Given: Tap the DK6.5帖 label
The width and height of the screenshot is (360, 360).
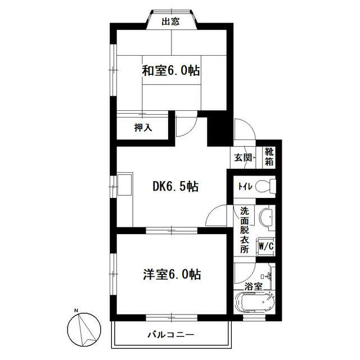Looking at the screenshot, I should point(175,187).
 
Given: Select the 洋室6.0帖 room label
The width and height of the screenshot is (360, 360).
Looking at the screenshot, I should point(172,275).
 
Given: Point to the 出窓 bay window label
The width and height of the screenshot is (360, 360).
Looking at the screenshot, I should point(170,22).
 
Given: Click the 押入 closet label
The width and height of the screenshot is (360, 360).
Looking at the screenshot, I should point(143,128).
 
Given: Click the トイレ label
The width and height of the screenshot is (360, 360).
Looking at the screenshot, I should point(244,186).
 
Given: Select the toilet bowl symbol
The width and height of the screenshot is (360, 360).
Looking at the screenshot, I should point(265,186).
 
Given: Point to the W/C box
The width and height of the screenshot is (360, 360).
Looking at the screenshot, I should point(265,246).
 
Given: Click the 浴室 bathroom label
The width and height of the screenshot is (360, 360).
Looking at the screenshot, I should point(253,286).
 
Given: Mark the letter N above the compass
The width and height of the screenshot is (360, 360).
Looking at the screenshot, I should point(75,310).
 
